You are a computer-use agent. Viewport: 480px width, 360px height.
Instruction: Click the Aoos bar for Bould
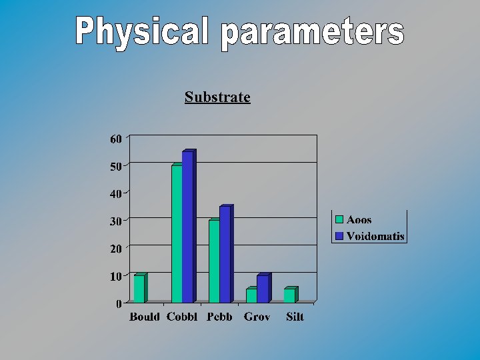point(139,289)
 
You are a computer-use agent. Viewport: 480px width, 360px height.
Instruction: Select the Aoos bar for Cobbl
point(177,234)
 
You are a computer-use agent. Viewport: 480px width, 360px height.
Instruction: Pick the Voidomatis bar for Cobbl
point(187,227)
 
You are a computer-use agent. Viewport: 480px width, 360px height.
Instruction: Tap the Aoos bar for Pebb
point(214,261)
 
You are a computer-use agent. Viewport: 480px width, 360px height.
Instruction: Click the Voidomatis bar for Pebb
point(225,255)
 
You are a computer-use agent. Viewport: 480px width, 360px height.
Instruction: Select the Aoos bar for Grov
point(251,295)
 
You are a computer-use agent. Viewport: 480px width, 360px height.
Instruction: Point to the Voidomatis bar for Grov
point(262,289)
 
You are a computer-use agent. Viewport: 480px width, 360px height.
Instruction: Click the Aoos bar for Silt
point(289,295)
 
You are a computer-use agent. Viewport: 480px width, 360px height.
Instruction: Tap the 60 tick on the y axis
point(116,139)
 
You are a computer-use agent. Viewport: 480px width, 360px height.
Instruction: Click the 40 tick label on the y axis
point(116,193)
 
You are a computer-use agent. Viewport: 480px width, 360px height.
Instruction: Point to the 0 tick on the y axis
point(119,303)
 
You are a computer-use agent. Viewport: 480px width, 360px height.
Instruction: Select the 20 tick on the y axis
point(116,248)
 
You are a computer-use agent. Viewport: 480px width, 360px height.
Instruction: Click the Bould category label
point(145,317)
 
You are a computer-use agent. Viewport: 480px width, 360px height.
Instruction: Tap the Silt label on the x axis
point(295,317)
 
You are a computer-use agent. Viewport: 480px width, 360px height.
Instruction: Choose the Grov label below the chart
point(257,317)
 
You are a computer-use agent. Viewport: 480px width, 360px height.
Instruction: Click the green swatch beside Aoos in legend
point(339,219)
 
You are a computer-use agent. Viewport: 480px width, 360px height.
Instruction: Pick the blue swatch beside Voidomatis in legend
point(339,236)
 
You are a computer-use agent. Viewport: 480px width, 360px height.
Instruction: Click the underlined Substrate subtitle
point(217,97)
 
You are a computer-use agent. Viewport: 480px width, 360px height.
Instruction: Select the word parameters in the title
point(313,33)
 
